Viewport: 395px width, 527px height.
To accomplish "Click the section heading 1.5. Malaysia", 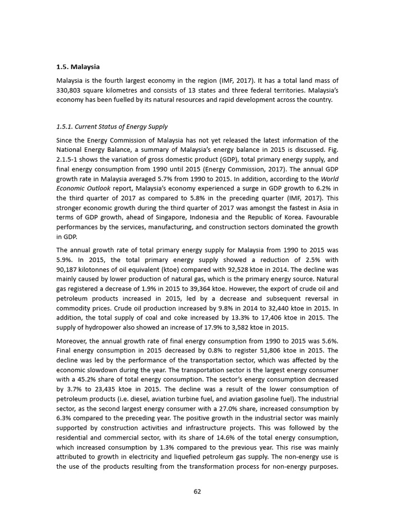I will click(78, 67).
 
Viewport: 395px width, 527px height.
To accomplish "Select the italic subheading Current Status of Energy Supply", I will click(112, 127).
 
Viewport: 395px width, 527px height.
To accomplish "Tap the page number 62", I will click(197, 491).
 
